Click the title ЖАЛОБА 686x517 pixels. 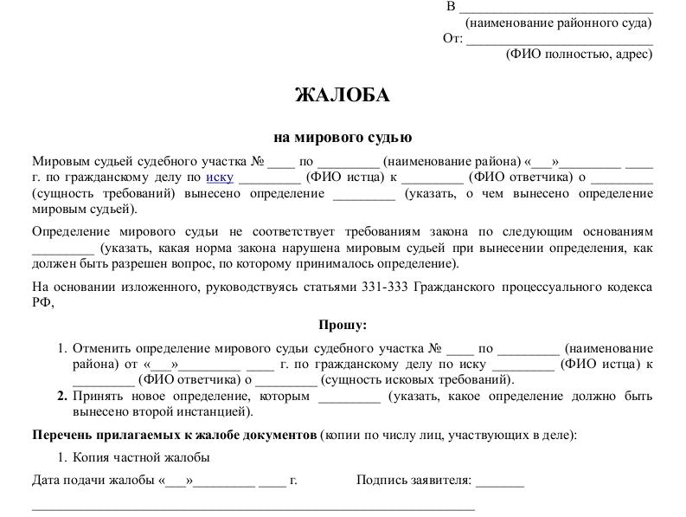pyautogui.click(x=343, y=95)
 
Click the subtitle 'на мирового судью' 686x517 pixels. pyautogui.click(x=343, y=137)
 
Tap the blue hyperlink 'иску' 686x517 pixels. pyautogui.click(x=220, y=178)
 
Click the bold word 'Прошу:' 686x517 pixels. pyautogui.click(x=343, y=325)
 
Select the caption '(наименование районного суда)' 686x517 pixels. pyautogui.click(x=559, y=23)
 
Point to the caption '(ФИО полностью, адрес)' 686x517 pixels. pyautogui.click(x=579, y=54)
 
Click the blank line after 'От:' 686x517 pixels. pyautogui.click(x=560, y=38)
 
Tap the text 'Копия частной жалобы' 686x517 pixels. pyautogui.click(x=141, y=458)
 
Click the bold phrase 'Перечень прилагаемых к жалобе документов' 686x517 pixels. pyautogui.click(x=174, y=435)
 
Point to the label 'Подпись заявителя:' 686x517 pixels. pyautogui.click(x=414, y=480)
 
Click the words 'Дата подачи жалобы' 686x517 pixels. pyautogui.click(x=93, y=480)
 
